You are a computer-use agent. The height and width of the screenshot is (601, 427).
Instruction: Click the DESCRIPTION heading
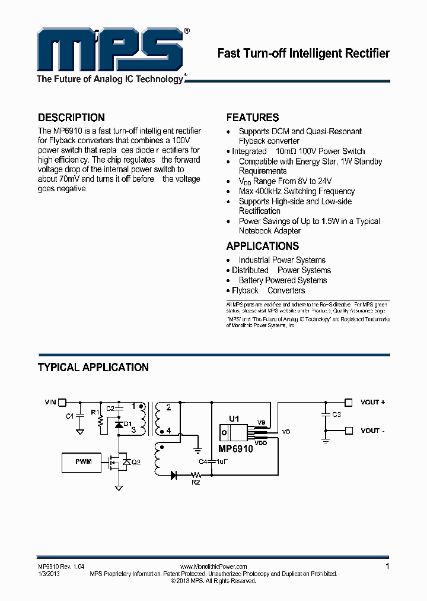[x=71, y=118]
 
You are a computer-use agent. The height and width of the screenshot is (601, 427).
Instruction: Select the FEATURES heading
[x=253, y=118]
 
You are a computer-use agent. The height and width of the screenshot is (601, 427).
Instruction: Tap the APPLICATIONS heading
[x=263, y=246]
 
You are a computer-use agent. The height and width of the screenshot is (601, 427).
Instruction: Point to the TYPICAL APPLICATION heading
[x=93, y=367]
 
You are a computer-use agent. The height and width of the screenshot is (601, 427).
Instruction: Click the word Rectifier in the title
[x=368, y=53]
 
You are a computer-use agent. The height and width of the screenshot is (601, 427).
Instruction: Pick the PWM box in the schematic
[x=83, y=461]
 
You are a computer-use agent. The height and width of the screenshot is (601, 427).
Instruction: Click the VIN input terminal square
[x=62, y=402]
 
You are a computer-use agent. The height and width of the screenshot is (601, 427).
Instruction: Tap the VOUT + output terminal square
[x=349, y=402]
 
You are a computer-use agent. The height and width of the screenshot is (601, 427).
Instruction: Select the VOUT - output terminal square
[x=349, y=431]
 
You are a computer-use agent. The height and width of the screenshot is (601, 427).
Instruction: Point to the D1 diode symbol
[x=119, y=424]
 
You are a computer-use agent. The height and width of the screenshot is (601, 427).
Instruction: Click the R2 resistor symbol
[x=195, y=475]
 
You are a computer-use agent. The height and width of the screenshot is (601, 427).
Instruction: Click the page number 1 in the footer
[x=387, y=567]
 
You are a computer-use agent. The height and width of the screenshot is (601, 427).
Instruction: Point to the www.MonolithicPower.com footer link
[x=213, y=567]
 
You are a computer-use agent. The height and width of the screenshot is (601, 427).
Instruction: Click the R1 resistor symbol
[x=100, y=422]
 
